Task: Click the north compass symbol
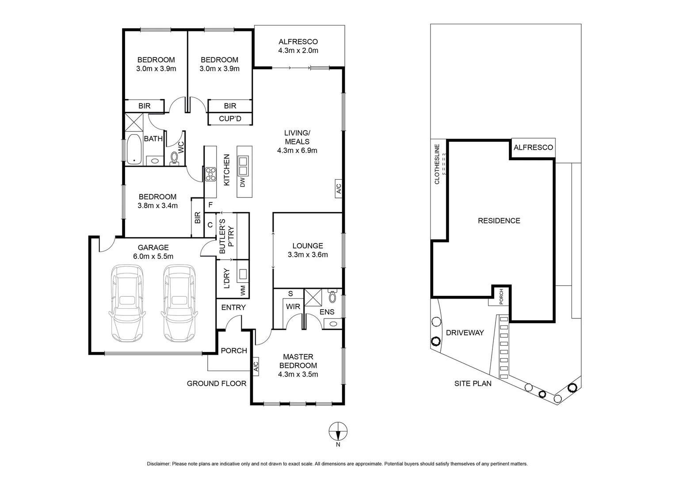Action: [x=338, y=430]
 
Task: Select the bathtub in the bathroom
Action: [x=133, y=149]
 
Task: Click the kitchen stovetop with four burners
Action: [x=210, y=174]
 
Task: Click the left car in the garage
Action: [x=127, y=303]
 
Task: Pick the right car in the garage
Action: [x=179, y=303]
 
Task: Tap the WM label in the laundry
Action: [x=242, y=290]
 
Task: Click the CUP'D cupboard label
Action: [x=230, y=119]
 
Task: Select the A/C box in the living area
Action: [x=338, y=189]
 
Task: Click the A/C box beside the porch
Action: [x=256, y=366]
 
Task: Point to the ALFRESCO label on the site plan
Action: [x=533, y=148]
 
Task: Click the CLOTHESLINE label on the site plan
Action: [x=437, y=164]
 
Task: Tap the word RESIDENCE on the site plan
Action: [x=499, y=221]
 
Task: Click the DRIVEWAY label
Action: [x=465, y=333]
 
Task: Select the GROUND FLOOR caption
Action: [x=216, y=383]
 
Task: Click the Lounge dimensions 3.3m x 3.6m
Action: [x=308, y=255]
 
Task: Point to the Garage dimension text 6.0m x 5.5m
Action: [x=153, y=256]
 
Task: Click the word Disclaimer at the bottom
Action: [x=158, y=464]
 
